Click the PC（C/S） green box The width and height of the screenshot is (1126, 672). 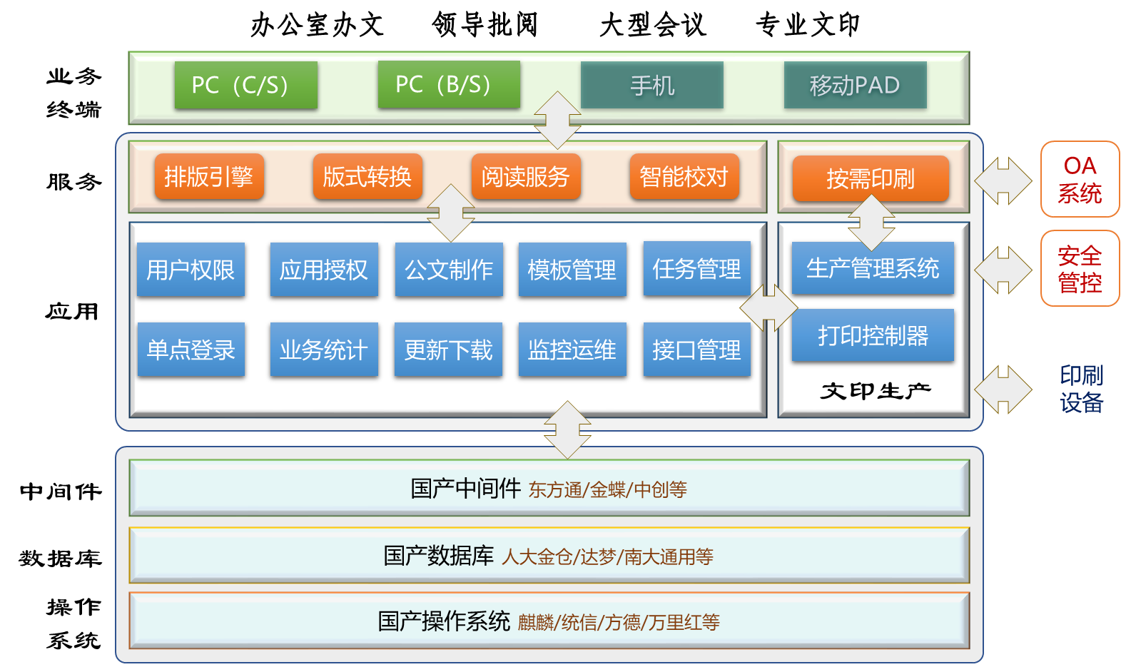(245, 85)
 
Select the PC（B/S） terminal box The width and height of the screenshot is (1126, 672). (449, 84)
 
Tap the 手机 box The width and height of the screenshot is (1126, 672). (652, 85)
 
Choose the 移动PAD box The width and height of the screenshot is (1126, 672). (855, 85)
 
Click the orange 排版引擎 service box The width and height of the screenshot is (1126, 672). (209, 176)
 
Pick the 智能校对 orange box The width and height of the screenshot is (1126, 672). (684, 176)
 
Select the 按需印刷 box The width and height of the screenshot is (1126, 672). (871, 178)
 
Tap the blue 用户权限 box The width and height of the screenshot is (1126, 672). (191, 270)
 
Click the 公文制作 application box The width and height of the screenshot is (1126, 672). (449, 270)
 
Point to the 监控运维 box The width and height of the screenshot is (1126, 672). (572, 350)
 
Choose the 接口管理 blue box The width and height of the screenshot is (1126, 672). (696, 350)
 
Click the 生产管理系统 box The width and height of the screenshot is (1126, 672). (873, 268)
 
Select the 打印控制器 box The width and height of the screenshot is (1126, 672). (873, 335)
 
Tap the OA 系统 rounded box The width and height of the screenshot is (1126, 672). (1080, 179)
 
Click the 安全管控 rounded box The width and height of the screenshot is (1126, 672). (1080, 269)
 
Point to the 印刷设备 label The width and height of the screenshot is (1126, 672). (1081, 389)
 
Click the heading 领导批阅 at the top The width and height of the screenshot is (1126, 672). (485, 25)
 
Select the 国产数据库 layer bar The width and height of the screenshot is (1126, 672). (549, 556)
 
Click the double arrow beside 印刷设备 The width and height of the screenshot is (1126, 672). (1003, 390)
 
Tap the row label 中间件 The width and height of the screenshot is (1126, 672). (61, 491)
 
